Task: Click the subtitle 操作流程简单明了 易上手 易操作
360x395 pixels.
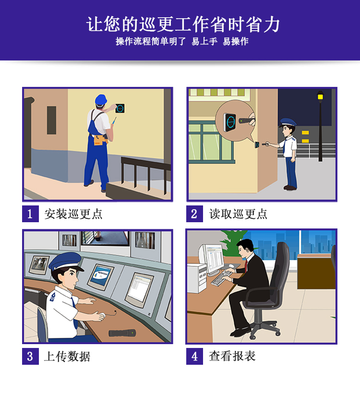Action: pos(182,42)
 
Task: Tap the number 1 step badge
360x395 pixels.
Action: pos(30,214)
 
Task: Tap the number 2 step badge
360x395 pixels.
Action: pos(194,214)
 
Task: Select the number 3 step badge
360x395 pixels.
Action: pos(30,356)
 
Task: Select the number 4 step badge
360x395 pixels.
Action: pos(194,356)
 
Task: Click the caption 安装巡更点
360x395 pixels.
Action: pos(73,214)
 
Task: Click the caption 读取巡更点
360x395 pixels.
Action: pos(238,214)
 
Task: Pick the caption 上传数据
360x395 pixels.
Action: pos(67,356)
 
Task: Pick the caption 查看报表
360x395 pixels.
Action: pos(232,356)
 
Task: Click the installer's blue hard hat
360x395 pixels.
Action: pos(100,99)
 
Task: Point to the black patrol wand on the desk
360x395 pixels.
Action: pos(122,333)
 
